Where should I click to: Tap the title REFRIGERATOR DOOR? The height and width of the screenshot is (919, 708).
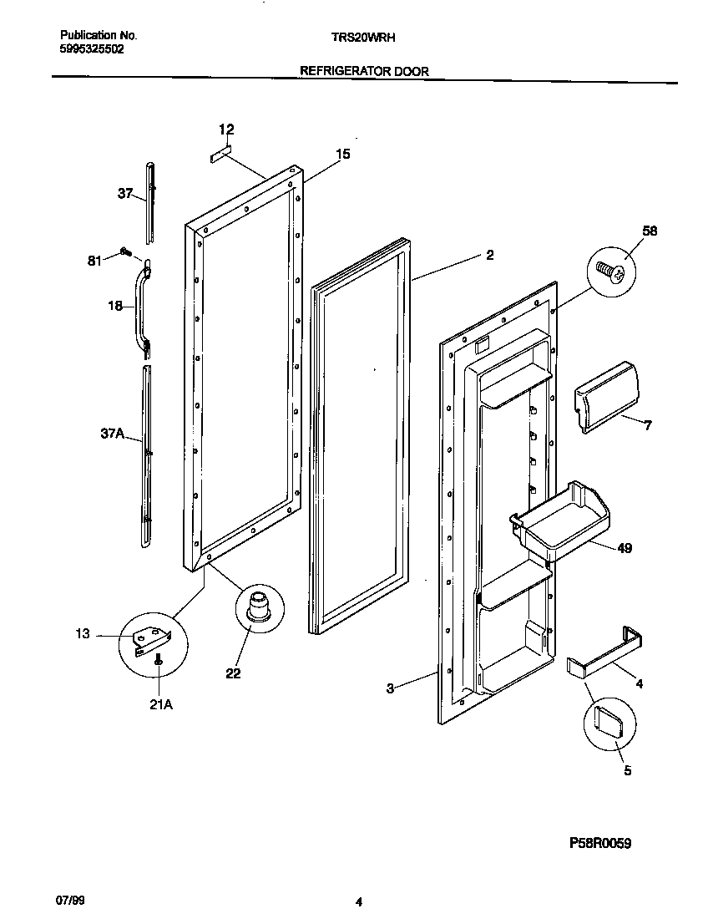coord(364,72)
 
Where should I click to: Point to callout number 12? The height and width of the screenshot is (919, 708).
coord(226,129)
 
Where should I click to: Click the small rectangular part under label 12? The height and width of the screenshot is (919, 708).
coord(220,155)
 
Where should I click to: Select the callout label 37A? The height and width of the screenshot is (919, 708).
coord(112,434)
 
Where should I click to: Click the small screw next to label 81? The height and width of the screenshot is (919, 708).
coord(125,251)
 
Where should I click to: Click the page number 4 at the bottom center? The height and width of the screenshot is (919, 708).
coord(358,901)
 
